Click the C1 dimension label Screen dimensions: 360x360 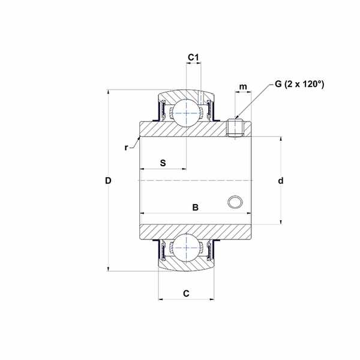click(x=193, y=58)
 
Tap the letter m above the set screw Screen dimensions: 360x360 click(x=243, y=87)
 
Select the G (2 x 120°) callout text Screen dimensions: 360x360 click(x=299, y=84)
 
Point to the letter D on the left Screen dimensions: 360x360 click(x=108, y=181)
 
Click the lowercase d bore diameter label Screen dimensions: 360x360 click(x=281, y=181)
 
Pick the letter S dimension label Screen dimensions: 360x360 click(x=163, y=163)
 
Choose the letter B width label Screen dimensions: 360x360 click(x=195, y=208)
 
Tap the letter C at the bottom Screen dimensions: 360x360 click(x=186, y=293)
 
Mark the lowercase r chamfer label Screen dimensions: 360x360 click(x=126, y=148)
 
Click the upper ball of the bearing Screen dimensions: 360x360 click(x=187, y=113)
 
